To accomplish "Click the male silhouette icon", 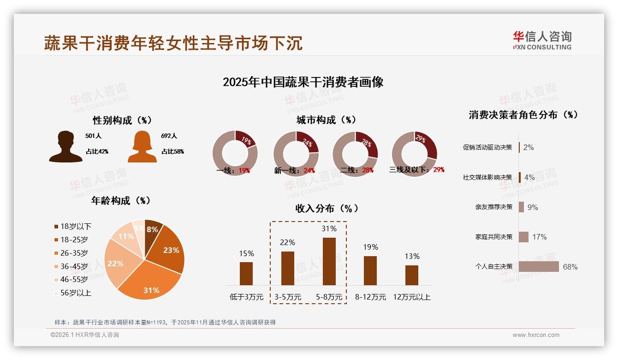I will pyautogui.click(x=66, y=147).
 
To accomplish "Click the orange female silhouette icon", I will pyautogui.click(x=142, y=147).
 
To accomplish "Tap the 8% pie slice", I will pyautogui.click(x=153, y=229).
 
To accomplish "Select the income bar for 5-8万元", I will pyautogui.click(x=329, y=261).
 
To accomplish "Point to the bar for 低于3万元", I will pyautogui.click(x=246, y=273).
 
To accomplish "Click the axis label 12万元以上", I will pyautogui.click(x=411, y=297).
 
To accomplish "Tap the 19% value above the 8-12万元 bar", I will pyautogui.click(x=370, y=247).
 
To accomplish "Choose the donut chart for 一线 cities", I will pyautogui.click(x=235, y=153).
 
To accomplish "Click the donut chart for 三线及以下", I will pyautogui.click(x=414, y=153).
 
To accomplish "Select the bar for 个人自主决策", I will pyautogui.click(x=538, y=267).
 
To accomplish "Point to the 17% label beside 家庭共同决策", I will pyautogui.click(x=539, y=237).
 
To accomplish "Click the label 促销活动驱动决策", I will pyautogui.click(x=487, y=147).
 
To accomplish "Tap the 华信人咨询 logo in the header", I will pyautogui.click(x=542, y=40).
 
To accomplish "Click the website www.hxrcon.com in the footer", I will pyautogui.click(x=536, y=335).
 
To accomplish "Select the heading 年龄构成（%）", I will pyautogui.click(x=121, y=201).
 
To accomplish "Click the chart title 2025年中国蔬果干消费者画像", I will pyautogui.click(x=303, y=82).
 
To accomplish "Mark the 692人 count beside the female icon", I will pyautogui.click(x=169, y=136).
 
